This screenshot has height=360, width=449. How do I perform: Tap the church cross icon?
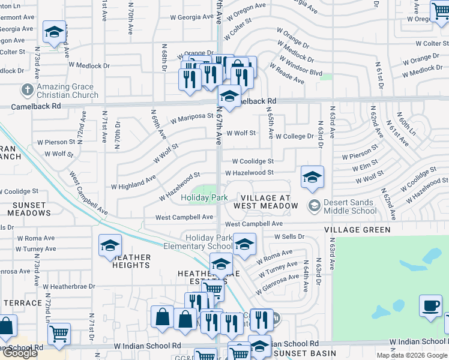click(26, 91)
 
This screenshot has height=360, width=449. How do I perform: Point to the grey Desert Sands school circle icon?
click(313, 206)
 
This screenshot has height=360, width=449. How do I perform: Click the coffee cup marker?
click(430, 306)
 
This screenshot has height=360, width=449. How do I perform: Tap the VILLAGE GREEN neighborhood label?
click(358, 230)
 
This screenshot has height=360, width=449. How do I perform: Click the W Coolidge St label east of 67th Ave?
click(253, 161)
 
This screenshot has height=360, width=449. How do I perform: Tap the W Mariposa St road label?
click(191, 118)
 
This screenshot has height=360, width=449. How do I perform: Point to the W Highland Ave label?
click(133, 181)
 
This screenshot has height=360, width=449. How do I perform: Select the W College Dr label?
click(295, 136)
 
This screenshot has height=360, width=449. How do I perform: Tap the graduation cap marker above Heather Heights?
click(110, 245)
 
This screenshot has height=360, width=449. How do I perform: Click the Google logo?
click(20, 353)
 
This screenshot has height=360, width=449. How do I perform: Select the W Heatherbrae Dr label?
click(68, 286)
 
